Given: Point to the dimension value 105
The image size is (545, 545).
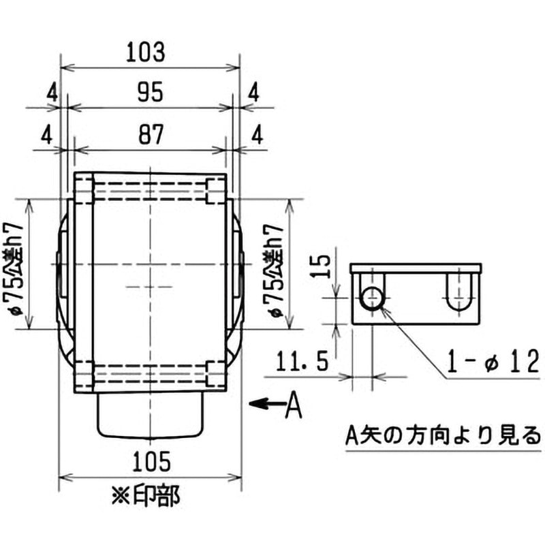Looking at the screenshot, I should tap(151, 462).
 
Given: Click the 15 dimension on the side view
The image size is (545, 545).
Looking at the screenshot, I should tap(324, 263).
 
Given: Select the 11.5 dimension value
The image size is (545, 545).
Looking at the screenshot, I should tap(305, 358).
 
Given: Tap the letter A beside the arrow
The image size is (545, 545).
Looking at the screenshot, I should tap(292, 405).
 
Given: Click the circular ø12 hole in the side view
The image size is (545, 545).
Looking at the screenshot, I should tap(373, 297).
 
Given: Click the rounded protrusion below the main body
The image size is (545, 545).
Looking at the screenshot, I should tap(151, 416).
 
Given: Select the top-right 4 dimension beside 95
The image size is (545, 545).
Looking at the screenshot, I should tap(253, 91).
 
